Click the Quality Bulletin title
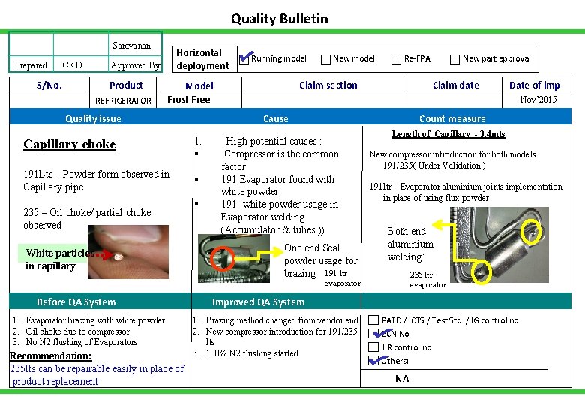279,19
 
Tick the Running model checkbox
244,58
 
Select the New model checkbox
326,59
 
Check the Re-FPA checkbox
397,59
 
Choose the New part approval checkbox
454,59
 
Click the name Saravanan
131,46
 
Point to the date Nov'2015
538,99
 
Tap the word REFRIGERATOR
123,100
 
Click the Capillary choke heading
70,144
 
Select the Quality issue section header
93,118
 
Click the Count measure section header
452,118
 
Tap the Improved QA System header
258,302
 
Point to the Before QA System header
76,302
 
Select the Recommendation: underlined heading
50,355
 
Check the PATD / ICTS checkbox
373,320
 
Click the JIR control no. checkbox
373,347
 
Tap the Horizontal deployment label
202,59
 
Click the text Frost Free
188,99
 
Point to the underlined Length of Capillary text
448,134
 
